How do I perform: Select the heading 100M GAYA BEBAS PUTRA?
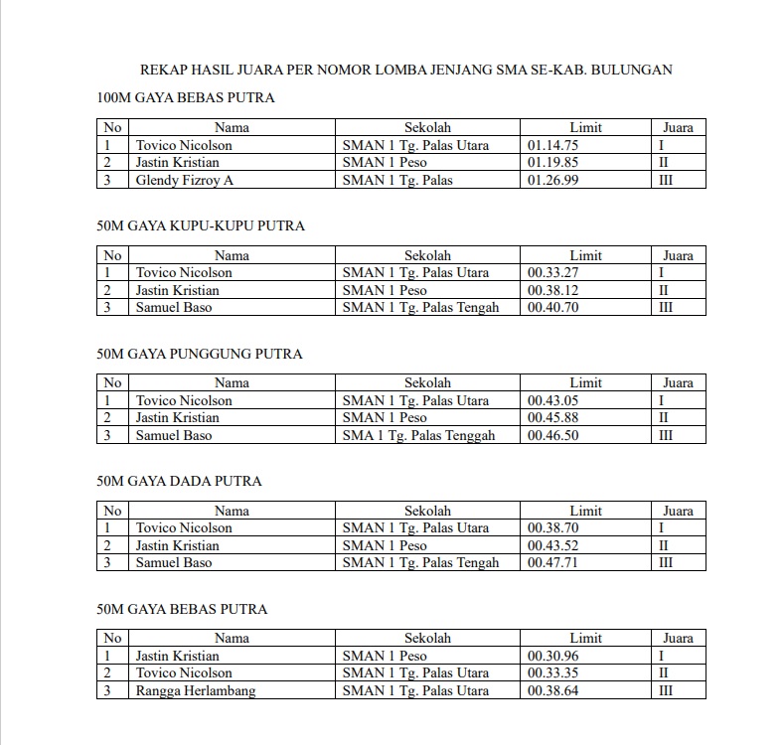(186, 98)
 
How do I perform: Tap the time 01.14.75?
(552, 145)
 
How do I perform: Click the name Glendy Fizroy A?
(185, 180)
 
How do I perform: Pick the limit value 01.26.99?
(552, 180)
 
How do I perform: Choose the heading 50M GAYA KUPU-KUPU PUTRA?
(201, 226)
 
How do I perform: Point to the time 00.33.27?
(552, 272)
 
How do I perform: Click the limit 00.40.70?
(552, 307)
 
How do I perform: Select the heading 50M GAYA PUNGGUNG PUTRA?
(200, 354)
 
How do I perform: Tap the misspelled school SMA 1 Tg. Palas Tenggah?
(418, 435)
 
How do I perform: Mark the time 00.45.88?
(552, 418)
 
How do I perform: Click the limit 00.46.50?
(552, 435)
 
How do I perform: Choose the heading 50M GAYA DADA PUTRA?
(180, 481)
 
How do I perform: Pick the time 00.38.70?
(552, 528)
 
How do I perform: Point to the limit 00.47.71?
(552, 562)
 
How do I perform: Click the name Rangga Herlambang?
(195, 690)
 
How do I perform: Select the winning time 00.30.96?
(552, 656)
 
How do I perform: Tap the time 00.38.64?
(552, 690)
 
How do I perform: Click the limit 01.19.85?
(552, 163)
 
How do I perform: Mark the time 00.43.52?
(552, 545)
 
